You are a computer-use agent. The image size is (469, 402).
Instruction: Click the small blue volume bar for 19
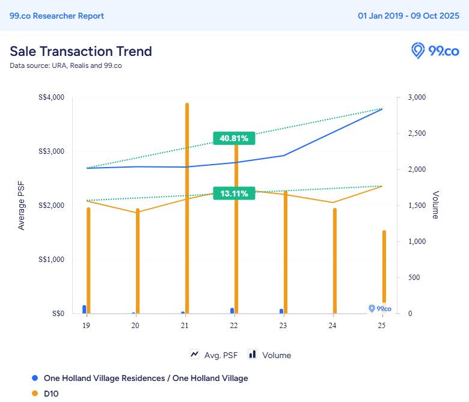[x=84, y=309]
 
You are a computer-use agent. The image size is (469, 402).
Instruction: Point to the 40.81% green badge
[x=234, y=138]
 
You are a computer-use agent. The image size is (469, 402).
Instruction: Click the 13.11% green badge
[x=234, y=193]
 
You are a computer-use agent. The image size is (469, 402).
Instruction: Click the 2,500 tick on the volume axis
[x=417, y=133]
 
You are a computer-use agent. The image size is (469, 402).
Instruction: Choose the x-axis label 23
[x=283, y=325]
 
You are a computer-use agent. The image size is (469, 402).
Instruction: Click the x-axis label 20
[x=135, y=325]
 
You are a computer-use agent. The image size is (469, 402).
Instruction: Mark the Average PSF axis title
[x=22, y=206]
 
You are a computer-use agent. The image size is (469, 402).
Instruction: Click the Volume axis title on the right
[x=435, y=206]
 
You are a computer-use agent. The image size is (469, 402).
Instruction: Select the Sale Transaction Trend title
[x=81, y=51]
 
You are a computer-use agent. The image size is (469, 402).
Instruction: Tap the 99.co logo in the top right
[x=435, y=50]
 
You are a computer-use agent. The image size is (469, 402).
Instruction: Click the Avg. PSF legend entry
[x=213, y=355]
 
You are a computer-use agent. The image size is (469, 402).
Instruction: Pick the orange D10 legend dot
[x=35, y=394]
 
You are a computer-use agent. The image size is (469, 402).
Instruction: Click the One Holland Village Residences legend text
[x=146, y=378]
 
